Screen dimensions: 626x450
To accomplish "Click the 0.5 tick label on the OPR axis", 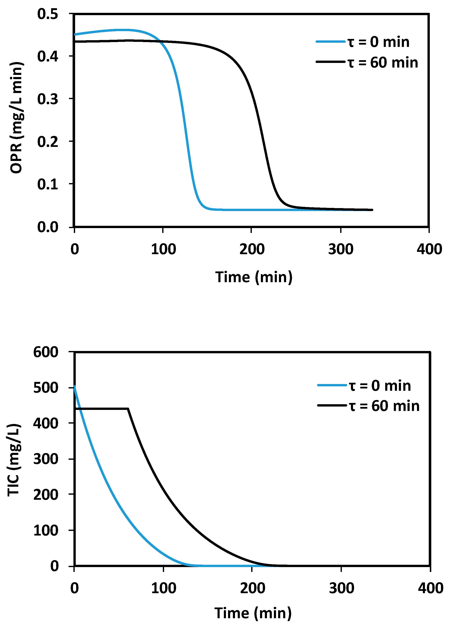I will point(48,14).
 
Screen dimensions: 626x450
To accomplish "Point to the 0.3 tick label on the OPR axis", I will point(48,99).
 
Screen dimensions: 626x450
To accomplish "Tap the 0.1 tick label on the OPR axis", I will point(48,184).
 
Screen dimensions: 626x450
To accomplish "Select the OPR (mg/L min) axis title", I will point(16,118).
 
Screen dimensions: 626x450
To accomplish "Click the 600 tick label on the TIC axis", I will point(46,352).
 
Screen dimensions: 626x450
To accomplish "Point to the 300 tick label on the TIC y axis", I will point(46,459).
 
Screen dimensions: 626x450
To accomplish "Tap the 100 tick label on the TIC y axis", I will point(46,530).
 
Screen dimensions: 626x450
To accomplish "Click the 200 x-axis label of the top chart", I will point(252,249).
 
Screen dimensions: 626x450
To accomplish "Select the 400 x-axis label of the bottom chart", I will point(430,588).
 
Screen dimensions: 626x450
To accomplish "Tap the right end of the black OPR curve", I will point(372,210).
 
